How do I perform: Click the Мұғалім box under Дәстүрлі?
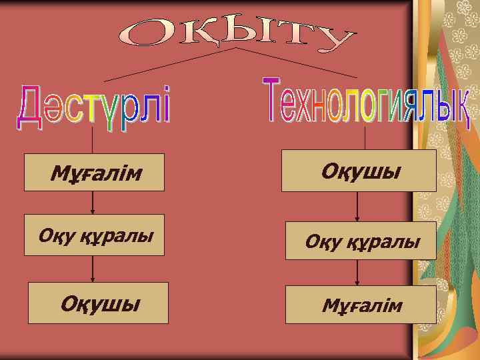[94, 173]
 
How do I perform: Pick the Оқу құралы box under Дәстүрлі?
[94, 235]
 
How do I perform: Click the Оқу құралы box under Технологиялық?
[362, 241]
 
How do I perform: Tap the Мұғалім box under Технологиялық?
[361, 305]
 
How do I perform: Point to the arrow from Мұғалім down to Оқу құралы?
[93, 203]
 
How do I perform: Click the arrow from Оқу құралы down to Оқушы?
[93, 269]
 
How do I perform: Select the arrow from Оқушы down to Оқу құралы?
[358, 207]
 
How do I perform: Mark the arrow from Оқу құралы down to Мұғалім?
[358, 272]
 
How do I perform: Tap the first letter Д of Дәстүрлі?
[29, 107]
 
